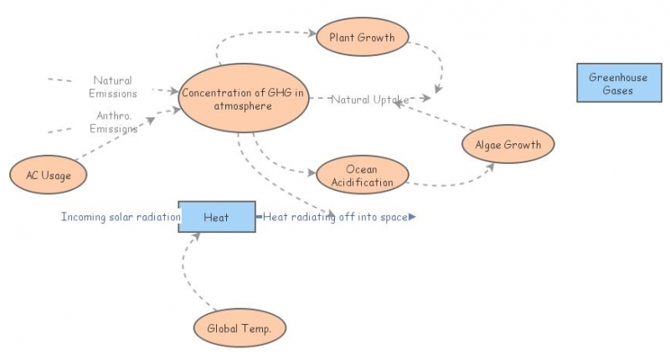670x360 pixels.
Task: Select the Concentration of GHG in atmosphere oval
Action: (x=242, y=99)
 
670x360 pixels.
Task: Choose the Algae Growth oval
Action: (x=508, y=145)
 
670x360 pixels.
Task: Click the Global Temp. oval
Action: (x=239, y=328)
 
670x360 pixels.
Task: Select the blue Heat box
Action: (x=216, y=218)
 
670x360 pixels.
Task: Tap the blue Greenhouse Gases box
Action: (x=617, y=84)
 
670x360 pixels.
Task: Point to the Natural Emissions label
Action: (x=113, y=87)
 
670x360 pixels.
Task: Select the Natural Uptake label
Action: (x=369, y=100)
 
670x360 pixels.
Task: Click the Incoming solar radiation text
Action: (x=121, y=218)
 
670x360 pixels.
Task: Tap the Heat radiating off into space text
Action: (x=335, y=218)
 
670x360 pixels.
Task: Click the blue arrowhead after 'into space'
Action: (x=412, y=218)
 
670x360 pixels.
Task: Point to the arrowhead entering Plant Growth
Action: (x=312, y=33)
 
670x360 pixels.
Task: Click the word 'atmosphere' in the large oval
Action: (x=241, y=106)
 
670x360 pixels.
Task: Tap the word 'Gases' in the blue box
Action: (x=617, y=90)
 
